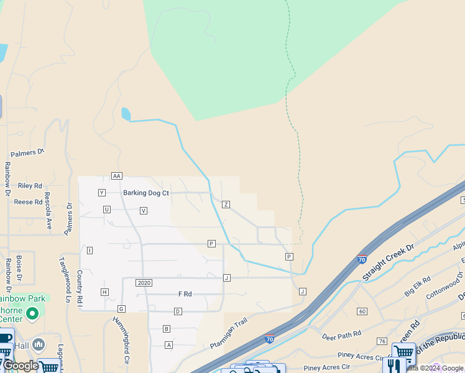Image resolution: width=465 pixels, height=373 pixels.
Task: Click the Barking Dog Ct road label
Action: (146, 193)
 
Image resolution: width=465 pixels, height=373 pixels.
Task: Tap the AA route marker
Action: (116, 176)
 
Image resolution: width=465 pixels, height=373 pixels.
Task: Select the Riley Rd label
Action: (30, 186)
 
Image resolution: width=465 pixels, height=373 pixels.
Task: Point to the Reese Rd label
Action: (28, 202)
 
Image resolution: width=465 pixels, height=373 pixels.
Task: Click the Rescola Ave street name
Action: (48, 214)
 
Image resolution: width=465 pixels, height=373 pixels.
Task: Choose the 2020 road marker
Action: (144, 283)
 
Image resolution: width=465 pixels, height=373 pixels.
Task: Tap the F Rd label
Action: (185, 293)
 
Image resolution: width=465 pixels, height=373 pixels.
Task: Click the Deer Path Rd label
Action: (342, 335)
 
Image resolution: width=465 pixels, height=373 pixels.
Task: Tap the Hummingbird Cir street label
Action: (121, 340)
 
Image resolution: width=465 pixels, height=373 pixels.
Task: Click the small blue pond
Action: (126, 114)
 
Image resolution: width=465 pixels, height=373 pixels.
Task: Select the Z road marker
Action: (226, 204)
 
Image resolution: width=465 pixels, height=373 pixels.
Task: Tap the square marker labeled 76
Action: (382, 341)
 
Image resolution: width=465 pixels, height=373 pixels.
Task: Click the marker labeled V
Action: (144, 211)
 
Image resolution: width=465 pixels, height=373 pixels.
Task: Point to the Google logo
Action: (20, 366)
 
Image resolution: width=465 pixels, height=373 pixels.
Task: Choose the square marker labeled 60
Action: (362, 311)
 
